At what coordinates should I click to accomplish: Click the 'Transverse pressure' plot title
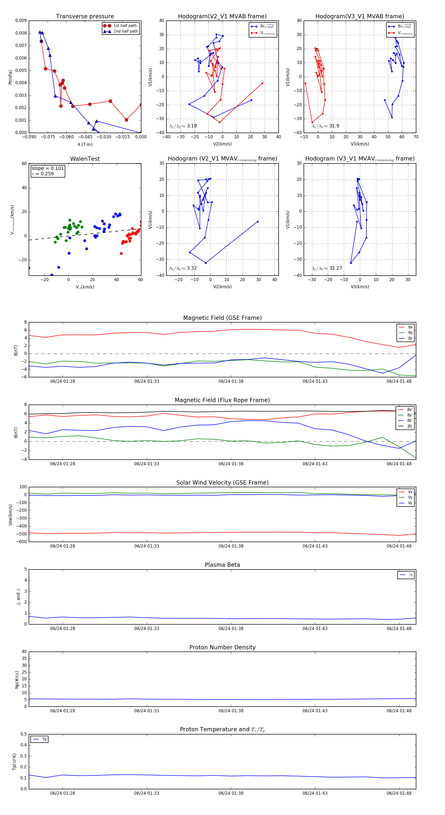point(85,17)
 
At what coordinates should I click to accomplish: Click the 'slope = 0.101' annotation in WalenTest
point(47,168)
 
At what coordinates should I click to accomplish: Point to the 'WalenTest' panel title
point(85,159)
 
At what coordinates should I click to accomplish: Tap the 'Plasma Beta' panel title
point(222,565)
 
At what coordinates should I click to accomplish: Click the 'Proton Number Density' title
point(222,647)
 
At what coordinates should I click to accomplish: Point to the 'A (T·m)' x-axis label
point(85,144)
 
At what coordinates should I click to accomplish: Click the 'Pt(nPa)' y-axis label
point(10,77)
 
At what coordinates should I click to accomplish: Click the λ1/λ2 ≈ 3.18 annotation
point(183,126)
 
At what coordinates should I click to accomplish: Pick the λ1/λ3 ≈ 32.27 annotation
point(327,268)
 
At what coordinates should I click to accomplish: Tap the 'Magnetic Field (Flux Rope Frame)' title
point(222,400)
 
